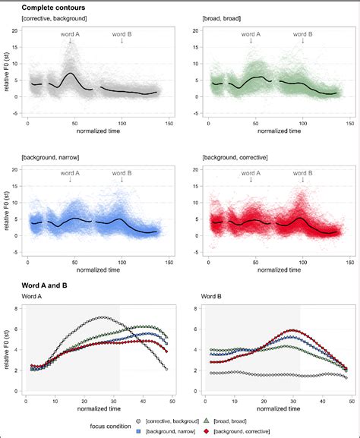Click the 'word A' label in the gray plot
(x=71, y=34)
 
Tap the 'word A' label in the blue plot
(x=71, y=173)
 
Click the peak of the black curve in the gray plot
(x=71, y=74)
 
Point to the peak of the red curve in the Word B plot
(x=293, y=330)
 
